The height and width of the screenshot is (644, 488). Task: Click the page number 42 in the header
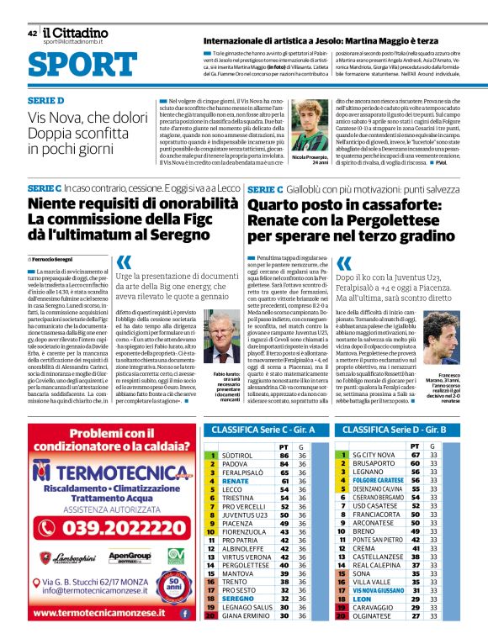[x=32, y=34]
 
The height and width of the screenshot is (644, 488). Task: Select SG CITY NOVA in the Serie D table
[x=373, y=455]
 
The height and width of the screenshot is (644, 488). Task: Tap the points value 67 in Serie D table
[x=415, y=455]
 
